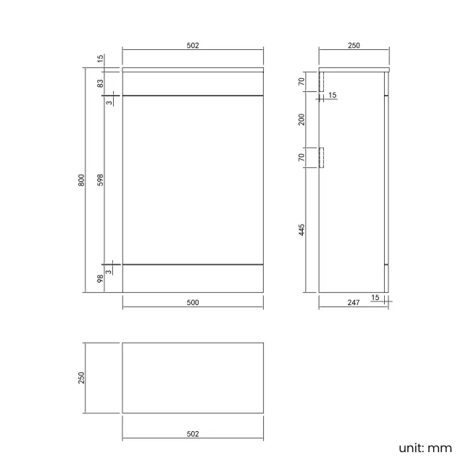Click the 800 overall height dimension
pyautogui.click(x=81, y=180)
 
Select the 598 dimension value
pyautogui.click(x=100, y=180)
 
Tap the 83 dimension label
pyautogui.click(x=100, y=83)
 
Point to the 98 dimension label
pyautogui.click(x=100, y=278)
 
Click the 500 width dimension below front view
pyautogui.click(x=193, y=302)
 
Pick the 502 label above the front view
pyautogui.click(x=193, y=46)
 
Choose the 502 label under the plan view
pyautogui.click(x=193, y=434)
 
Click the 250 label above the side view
pyautogui.click(x=354, y=46)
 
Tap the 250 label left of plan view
pyautogui.click(x=81, y=378)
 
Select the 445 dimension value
pyautogui.click(x=301, y=230)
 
